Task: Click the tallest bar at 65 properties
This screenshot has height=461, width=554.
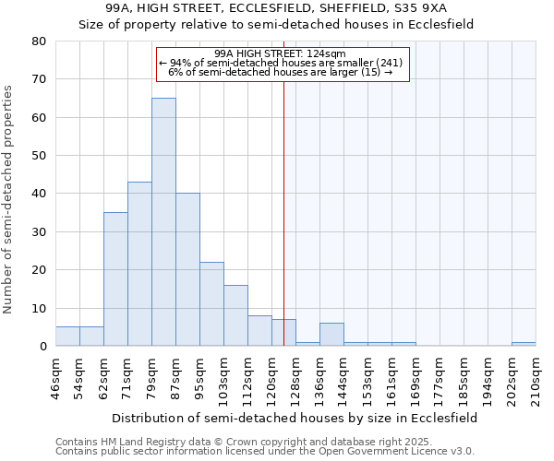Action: [163, 221]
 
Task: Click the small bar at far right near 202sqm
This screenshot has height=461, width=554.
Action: [524, 344]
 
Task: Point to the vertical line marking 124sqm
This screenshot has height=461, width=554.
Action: [283, 212]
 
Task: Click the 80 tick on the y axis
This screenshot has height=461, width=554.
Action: [39, 41]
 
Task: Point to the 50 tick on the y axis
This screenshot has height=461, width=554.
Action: [39, 156]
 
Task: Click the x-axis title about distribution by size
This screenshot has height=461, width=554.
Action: [295, 418]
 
